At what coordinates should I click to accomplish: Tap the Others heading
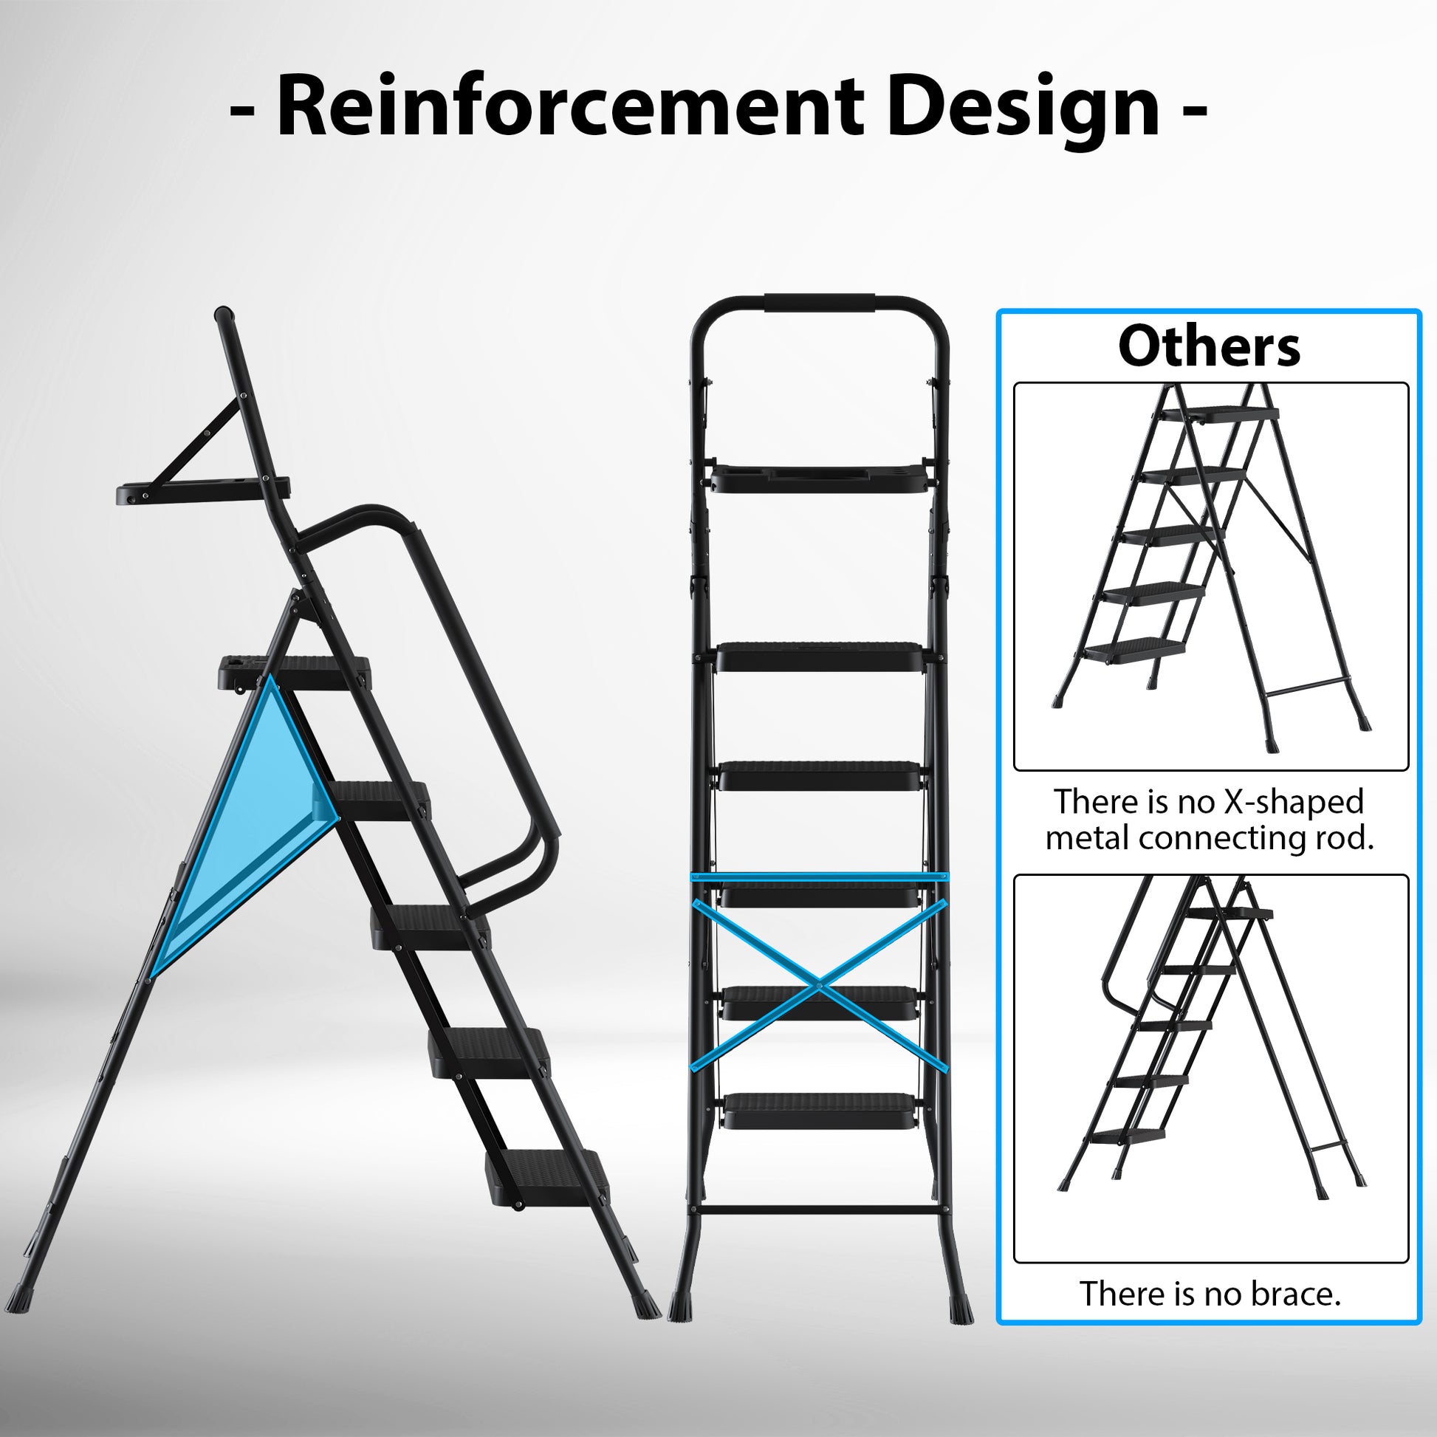click(1210, 346)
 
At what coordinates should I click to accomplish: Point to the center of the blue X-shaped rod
click(819, 985)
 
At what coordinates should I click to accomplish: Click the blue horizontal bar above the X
click(820, 877)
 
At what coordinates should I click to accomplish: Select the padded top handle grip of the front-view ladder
click(820, 304)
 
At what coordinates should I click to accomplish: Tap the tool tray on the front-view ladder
click(820, 479)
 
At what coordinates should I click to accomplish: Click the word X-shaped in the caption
click(1293, 802)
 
